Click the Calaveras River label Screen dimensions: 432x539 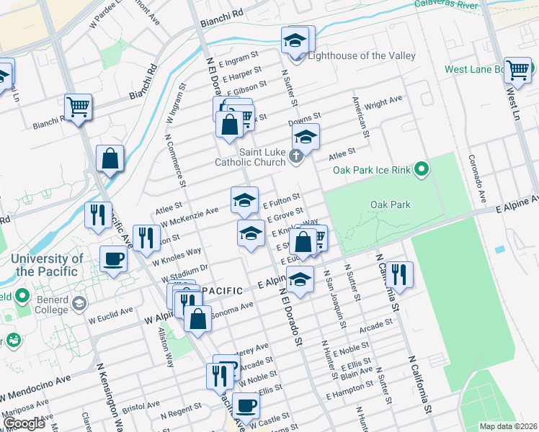447,4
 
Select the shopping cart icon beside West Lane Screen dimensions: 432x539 517,71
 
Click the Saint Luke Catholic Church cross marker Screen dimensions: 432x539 295,156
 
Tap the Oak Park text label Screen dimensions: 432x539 390,204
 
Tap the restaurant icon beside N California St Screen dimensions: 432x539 398,274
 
